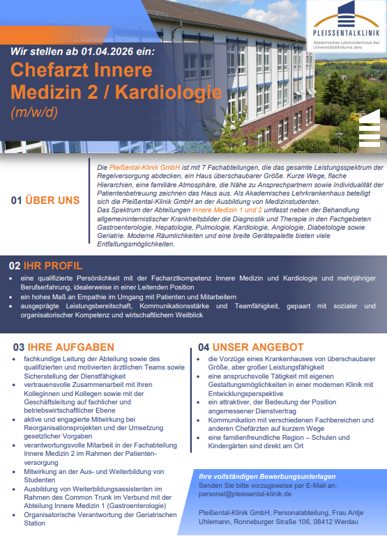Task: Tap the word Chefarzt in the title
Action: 52,71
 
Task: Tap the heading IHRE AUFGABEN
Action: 70,347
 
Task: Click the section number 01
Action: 16,200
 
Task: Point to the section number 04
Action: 204,347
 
